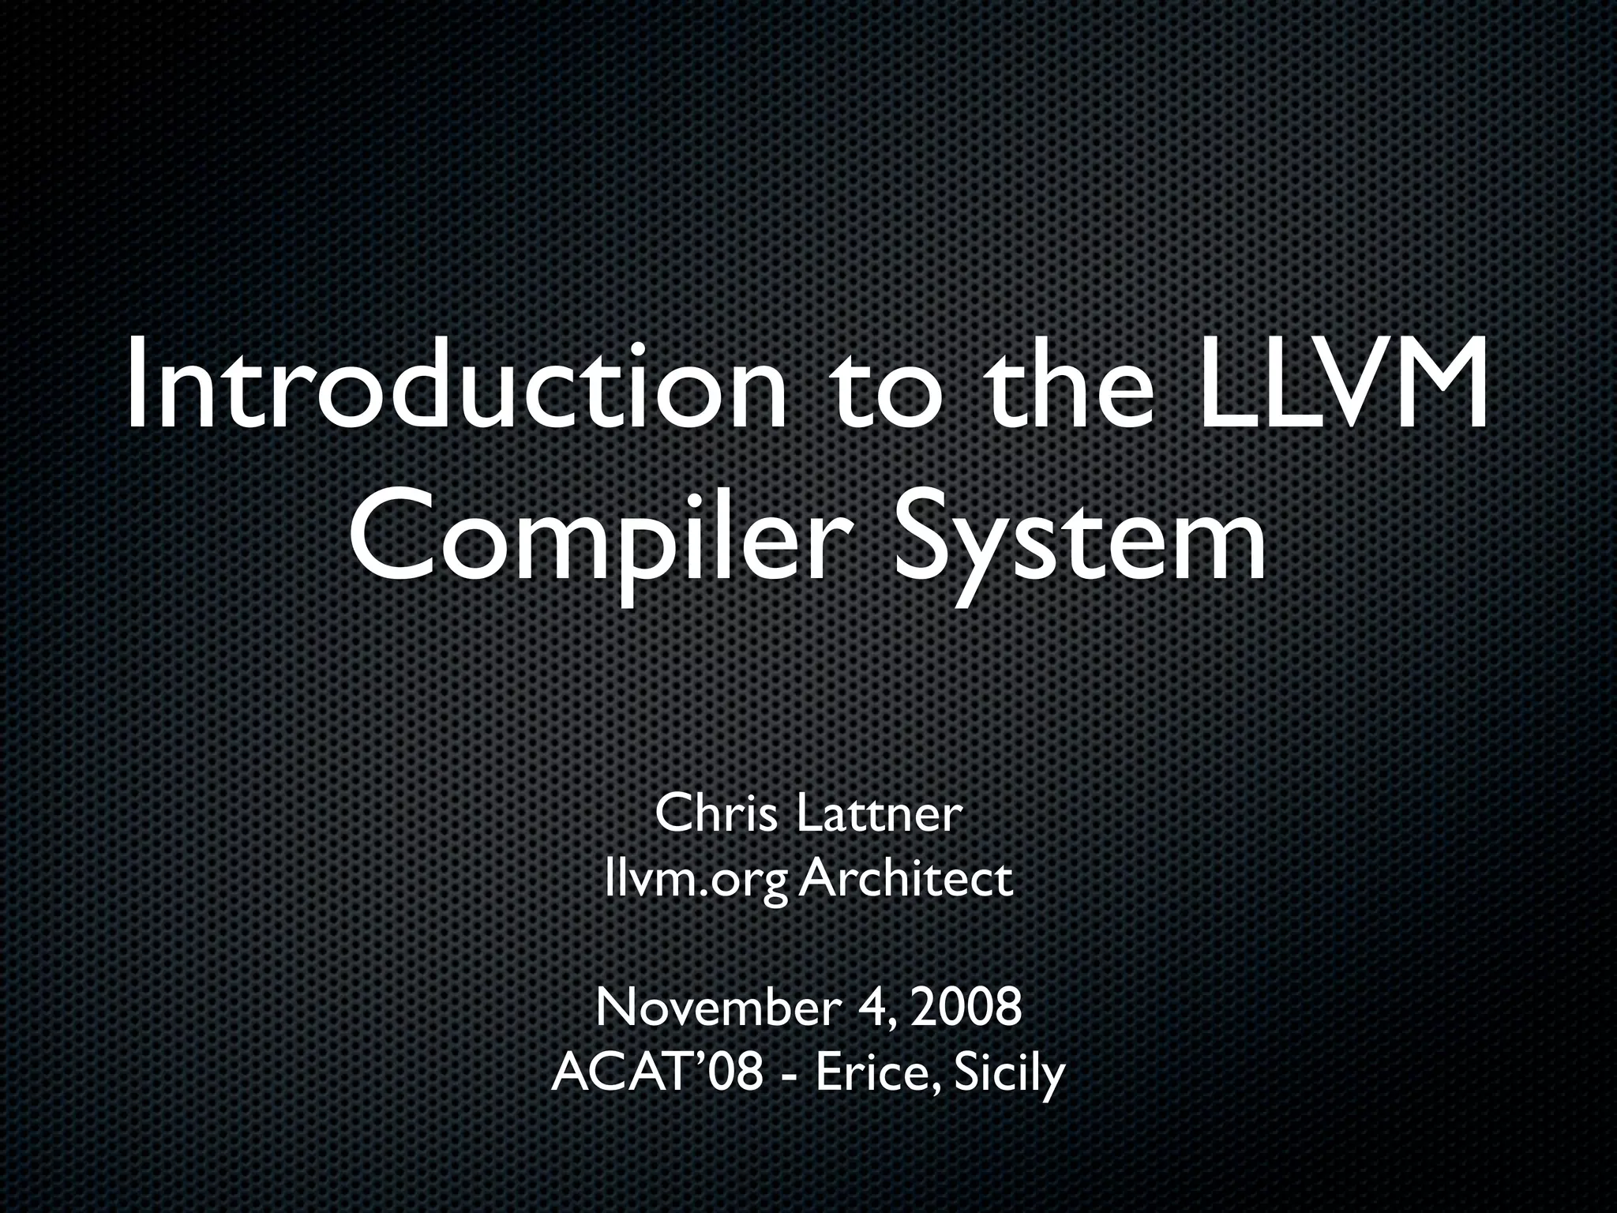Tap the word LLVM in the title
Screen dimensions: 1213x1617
click(x=1341, y=385)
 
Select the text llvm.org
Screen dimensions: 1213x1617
click(x=695, y=879)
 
